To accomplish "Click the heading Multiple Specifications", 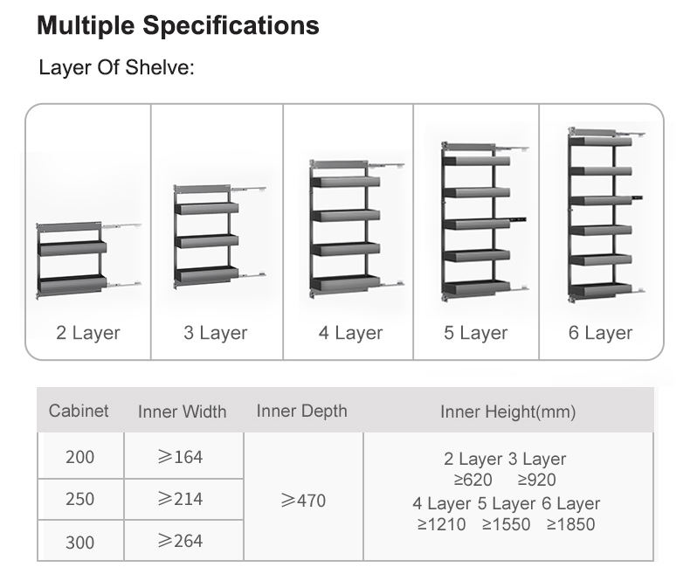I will tap(178, 25).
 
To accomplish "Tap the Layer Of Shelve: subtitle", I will tap(116, 68).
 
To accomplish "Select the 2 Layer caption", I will tap(88, 333).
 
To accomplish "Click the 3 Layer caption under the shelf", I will tap(216, 333).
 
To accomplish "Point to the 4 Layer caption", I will tap(350, 333).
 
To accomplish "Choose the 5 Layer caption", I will tap(476, 333).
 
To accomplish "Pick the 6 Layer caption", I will tap(601, 333).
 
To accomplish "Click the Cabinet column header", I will tap(79, 410).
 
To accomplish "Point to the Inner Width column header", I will tap(182, 411).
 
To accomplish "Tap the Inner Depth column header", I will tap(301, 411).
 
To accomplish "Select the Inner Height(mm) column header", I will tap(507, 411).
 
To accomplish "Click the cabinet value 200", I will tap(79, 457).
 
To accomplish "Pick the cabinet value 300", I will tap(79, 542).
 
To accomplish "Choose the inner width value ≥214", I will tap(180, 499).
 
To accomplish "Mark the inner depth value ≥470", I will tap(303, 501).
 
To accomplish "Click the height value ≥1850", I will tap(571, 524).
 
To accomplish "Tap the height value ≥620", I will tap(473, 480).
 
